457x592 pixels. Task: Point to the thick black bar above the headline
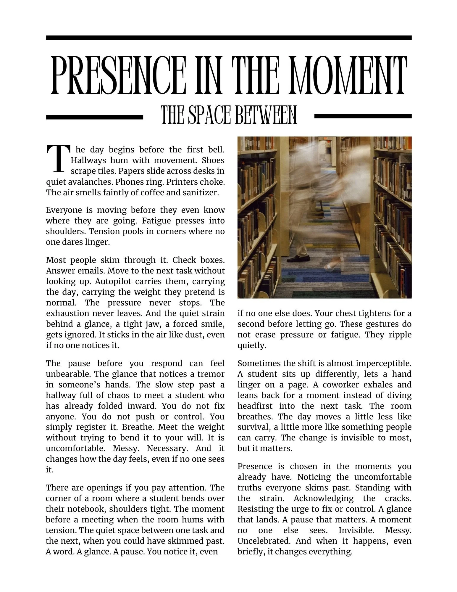click(x=229, y=38)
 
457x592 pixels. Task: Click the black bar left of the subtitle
click(x=94, y=117)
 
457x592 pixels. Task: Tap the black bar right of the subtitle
click(x=363, y=116)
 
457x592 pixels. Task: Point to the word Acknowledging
click(x=324, y=498)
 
